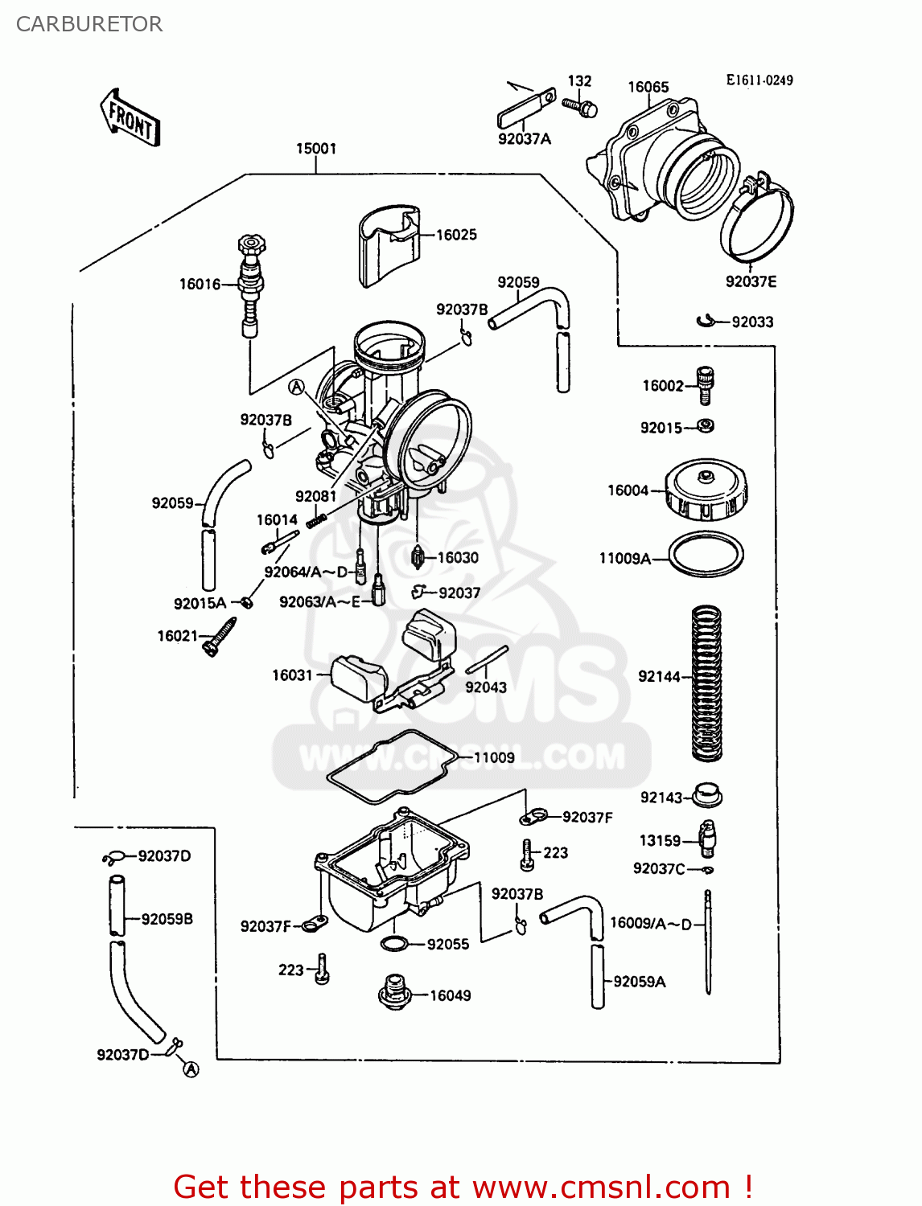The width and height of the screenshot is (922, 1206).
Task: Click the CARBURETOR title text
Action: (89, 24)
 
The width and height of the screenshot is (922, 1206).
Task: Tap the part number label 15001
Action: (316, 149)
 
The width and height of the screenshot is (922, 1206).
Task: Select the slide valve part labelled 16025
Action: (389, 246)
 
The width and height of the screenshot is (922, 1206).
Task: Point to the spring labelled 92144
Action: (707, 683)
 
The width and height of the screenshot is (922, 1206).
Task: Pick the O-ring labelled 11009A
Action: (706, 555)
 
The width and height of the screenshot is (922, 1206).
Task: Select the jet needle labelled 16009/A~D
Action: (708, 941)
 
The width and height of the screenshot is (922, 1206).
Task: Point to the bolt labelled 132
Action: (581, 106)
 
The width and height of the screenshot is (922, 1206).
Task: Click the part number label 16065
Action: (648, 87)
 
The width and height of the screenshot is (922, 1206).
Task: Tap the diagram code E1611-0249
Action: (759, 80)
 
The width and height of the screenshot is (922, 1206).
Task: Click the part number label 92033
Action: (752, 322)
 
